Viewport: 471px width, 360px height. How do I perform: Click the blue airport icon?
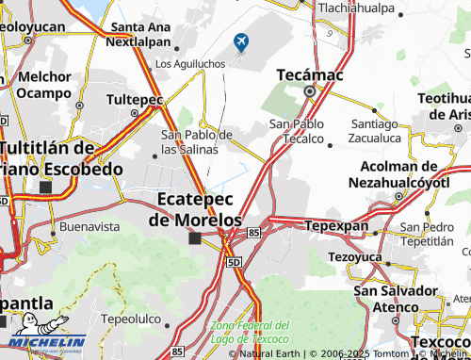pyautogui.click(x=242, y=41)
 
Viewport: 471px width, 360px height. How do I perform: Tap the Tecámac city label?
pyautogui.click(x=309, y=74)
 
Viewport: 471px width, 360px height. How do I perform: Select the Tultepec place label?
pyautogui.click(x=136, y=99)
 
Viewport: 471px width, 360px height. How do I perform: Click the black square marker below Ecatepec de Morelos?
pyautogui.click(x=194, y=238)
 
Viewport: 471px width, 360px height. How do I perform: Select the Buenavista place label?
pyautogui.click(x=89, y=227)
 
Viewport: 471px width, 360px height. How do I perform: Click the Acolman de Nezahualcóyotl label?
pyautogui.click(x=400, y=173)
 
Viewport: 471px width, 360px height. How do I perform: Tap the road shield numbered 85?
pyautogui.click(x=254, y=231)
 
